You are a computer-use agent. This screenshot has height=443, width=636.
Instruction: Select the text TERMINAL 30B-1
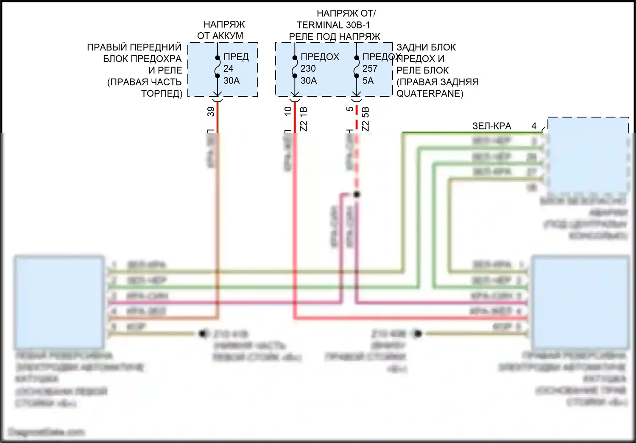click(333, 25)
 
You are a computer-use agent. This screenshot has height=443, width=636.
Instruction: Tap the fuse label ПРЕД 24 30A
click(235, 68)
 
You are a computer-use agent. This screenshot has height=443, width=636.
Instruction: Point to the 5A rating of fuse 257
click(368, 80)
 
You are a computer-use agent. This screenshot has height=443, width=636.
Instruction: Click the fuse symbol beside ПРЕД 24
click(217, 67)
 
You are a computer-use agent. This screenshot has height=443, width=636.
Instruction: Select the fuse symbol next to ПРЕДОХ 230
click(294, 67)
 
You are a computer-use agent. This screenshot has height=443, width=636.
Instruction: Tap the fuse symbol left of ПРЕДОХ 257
click(357, 67)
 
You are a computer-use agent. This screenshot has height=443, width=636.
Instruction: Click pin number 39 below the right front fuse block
click(211, 112)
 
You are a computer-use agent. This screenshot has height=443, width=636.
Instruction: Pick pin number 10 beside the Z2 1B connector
click(288, 111)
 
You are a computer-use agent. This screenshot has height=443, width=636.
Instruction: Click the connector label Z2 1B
click(304, 118)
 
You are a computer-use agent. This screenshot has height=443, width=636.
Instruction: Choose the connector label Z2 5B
click(365, 118)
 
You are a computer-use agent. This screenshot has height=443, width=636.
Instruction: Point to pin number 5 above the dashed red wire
click(350, 109)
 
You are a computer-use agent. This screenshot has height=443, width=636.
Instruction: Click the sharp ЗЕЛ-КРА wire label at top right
click(492, 126)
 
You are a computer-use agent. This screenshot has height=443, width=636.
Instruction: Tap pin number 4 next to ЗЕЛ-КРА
click(534, 126)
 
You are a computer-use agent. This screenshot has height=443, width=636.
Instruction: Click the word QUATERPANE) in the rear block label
click(430, 93)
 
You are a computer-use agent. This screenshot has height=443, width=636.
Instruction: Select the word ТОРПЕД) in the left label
click(162, 93)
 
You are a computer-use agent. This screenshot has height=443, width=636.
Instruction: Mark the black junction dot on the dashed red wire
click(357, 194)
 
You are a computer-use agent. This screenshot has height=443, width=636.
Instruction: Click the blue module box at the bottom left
click(59, 301)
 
